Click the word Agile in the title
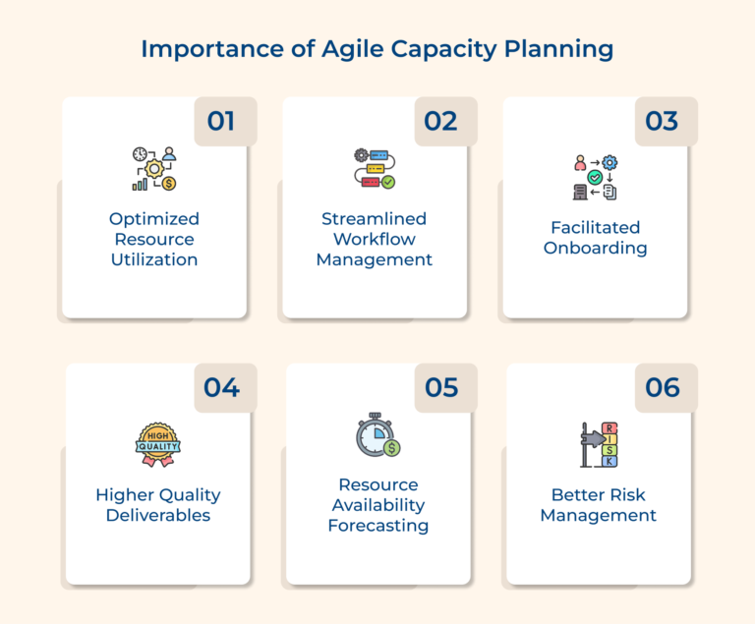[x=351, y=49]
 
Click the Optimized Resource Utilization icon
[x=154, y=169]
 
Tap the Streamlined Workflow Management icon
[x=375, y=169]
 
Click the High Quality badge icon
[x=157, y=444]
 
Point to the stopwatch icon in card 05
[x=377, y=435]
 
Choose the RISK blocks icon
[x=597, y=444]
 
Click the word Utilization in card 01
[x=154, y=260]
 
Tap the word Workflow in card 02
[x=375, y=239]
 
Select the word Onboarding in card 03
[x=595, y=248]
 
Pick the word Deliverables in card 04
[x=158, y=515]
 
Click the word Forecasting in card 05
[x=378, y=526]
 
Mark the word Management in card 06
[x=598, y=515]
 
